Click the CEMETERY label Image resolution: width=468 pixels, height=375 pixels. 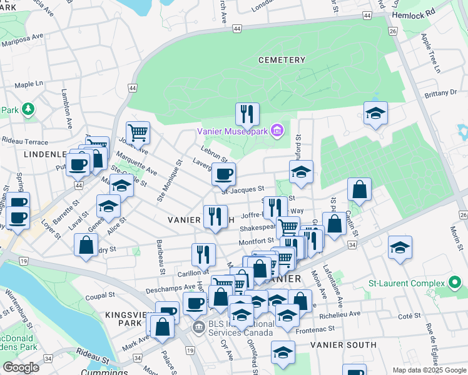coord(282,60)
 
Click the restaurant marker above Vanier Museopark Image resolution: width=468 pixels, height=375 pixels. coord(247,114)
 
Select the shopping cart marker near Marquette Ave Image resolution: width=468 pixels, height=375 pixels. coord(138,132)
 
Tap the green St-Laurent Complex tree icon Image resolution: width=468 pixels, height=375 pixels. coord(457,286)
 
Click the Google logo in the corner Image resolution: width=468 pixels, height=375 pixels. coord(21,367)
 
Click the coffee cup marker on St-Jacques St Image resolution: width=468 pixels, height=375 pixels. coord(223,174)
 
